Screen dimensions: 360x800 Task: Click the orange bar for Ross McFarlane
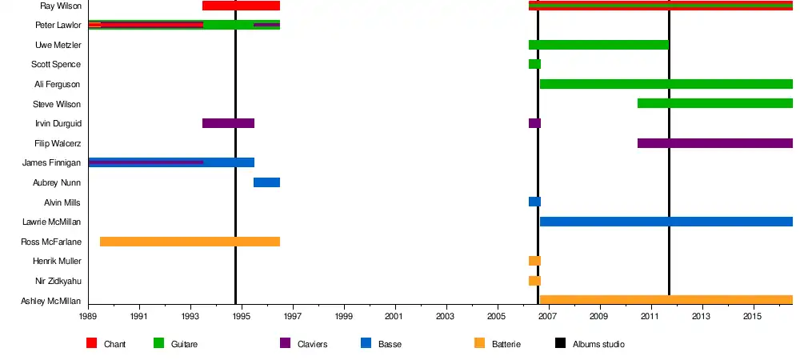(190, 242)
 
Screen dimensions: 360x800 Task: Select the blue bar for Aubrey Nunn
(266, 182)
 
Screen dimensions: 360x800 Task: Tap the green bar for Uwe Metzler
(598, 45)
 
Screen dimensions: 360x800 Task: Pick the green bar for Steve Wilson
(714, 103)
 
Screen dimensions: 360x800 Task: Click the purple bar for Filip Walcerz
(714, 143)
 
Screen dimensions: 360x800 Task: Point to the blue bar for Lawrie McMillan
(666, 222)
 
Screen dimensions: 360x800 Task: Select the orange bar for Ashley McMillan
(666, 300)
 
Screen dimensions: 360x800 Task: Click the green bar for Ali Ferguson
(666, 84)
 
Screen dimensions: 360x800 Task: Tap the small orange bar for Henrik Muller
(534, 261)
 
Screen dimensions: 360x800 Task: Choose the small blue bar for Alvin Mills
(534, 202)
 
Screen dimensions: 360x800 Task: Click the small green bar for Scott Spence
(534, 64)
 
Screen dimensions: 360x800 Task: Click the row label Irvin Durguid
(58, 123)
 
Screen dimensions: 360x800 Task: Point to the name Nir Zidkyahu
(58, 281)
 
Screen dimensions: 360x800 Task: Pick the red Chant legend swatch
(92, 344)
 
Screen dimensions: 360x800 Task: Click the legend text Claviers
(312, 345)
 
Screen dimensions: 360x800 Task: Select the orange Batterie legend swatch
(480, 344)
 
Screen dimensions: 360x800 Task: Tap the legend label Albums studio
(598, 345)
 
